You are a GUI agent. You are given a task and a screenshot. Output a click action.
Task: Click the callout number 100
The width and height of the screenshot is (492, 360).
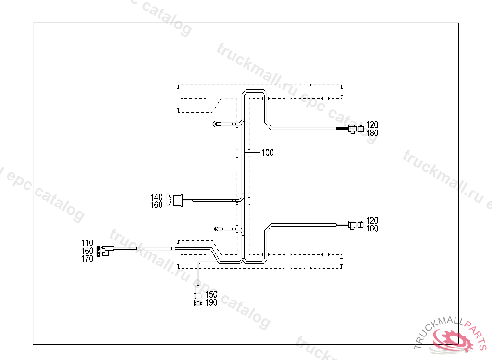click(268, 153)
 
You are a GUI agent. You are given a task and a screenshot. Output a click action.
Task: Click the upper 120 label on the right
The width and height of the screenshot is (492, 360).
click(372, 125)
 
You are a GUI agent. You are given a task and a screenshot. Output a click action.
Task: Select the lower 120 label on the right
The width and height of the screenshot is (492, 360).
click(372, 221)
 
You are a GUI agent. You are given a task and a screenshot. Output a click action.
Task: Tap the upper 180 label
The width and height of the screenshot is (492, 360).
click(372, 133)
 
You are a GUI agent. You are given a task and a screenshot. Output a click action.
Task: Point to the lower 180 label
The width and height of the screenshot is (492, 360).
click(372, 228)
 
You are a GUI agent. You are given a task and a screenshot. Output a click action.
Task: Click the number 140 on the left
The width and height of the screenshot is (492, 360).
click(157, 197)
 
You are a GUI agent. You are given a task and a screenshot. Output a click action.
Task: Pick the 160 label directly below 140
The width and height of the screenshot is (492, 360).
click(157, 205)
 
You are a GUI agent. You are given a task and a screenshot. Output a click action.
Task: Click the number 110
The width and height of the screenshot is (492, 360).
click(87, 243)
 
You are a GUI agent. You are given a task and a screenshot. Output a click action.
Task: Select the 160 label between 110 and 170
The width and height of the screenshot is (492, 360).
click(87, 251)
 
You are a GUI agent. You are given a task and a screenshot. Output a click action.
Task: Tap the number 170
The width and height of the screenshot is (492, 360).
click(87, 259)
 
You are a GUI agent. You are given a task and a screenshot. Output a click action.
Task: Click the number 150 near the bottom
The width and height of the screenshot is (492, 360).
click(211, 294)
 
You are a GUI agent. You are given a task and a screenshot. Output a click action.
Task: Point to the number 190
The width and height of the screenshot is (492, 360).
click(211, 302)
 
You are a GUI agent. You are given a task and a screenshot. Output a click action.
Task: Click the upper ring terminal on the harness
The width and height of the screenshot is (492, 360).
click(215, 125)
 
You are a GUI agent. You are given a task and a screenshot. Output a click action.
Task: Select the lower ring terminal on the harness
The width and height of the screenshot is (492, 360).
click(216, 228)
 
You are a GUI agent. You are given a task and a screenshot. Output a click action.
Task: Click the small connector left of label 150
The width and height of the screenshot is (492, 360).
click(197, 299)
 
